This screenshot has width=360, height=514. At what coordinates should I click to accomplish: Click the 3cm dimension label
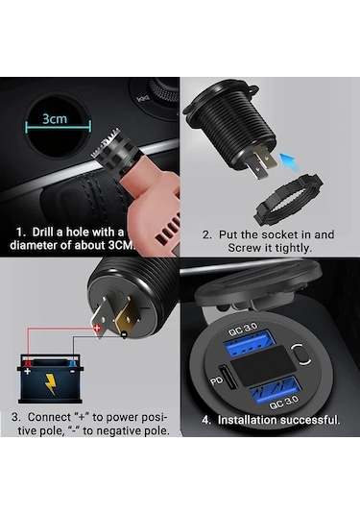click(53, 120)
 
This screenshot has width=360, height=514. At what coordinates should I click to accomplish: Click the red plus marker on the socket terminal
click(96, 329)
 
